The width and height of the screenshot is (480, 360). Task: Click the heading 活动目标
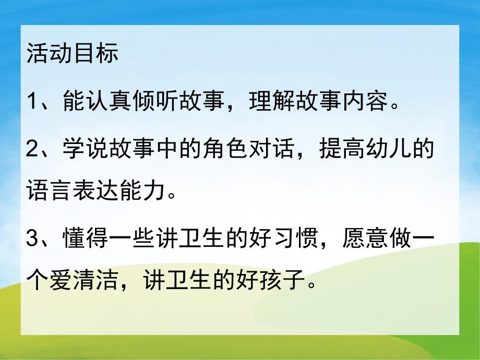[x=73, y=54]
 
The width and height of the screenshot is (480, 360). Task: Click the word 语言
[x=49, y=193]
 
